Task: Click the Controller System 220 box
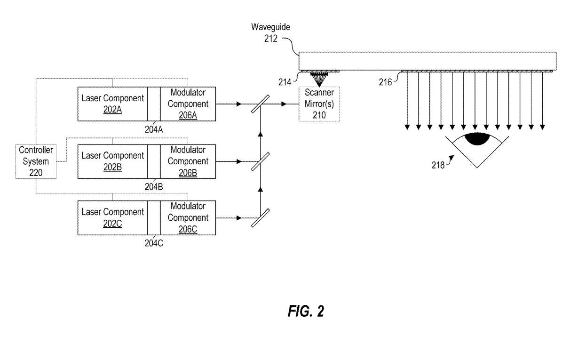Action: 36,161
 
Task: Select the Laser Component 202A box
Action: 112,104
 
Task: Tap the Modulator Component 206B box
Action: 188,161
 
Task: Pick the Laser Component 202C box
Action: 112,217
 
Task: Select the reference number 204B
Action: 154,186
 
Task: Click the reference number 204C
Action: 154,243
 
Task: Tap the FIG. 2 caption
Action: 306,312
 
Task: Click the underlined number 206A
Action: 188,115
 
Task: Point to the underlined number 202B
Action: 112,167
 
